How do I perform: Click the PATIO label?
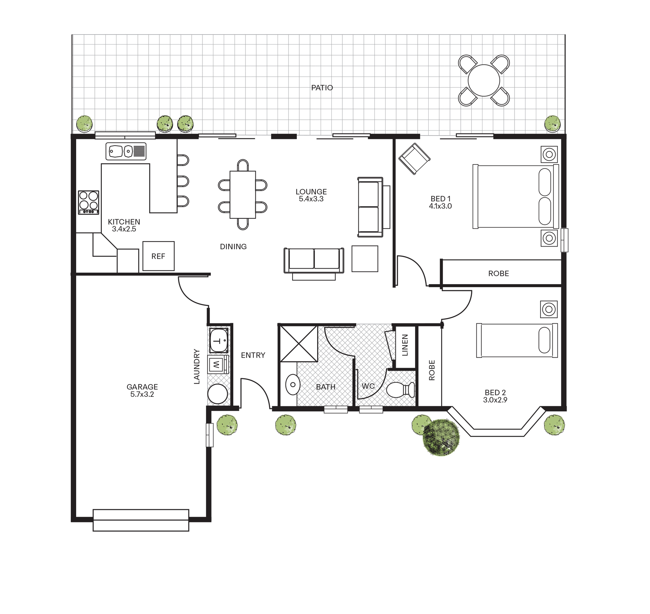322,88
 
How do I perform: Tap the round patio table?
484,81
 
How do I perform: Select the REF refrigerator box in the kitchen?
158,256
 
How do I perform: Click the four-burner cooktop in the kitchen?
89,202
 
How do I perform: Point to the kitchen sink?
126,151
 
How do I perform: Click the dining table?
243,195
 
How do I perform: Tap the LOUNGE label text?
311,192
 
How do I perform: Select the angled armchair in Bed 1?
414,159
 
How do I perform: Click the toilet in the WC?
400,390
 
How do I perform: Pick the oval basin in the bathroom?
293,385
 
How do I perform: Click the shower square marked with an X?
299,344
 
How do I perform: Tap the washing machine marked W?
217,365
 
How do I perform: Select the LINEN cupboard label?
405,345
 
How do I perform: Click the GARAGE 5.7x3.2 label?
142,390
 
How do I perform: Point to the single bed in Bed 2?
517,340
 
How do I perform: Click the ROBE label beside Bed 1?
499,273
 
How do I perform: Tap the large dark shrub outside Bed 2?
441,438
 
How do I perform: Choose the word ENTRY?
253,355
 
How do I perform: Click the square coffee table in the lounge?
365,259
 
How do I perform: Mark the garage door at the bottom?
141,520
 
